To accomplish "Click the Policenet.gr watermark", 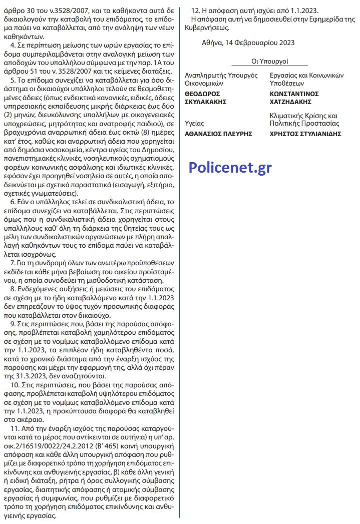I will click(x=230, y=168).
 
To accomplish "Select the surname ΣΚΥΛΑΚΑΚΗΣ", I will click(x=206, y=102).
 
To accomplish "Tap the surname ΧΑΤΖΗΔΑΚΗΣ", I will click(x=294, y=102).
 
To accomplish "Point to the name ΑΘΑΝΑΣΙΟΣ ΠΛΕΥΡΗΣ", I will click(x=218, y=134).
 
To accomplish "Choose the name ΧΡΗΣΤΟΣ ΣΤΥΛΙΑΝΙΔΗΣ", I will click(x=305, y=134).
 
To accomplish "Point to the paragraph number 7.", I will click(x=12, y=262).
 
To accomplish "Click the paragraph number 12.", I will click(x=196, y=10).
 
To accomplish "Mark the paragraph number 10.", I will click(x=14, y=387).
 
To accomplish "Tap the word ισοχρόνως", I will click(x=29, y=254).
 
